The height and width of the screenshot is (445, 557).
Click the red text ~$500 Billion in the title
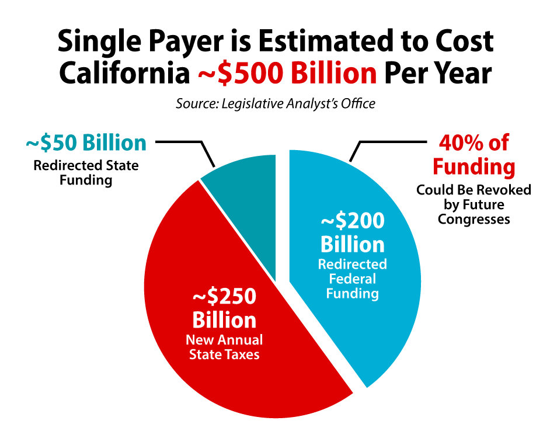pyautogui.click(x=286, y=74)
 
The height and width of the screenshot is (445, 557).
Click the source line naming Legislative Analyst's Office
pyautogui.click(x=276, y=104)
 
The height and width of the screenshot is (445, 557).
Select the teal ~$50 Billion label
pyautogui.click(x=86, y=143)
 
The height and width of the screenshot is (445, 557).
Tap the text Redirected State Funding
pyautogui.click(x=86, y=172)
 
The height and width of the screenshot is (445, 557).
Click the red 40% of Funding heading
pyautogui.click(x=474, y=155)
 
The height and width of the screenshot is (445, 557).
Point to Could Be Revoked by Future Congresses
pyautogui.click(x=474, y=204)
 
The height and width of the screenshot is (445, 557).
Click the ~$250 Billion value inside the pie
pyautogui.click(x=224, y=308)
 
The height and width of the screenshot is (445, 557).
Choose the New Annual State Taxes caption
pyautogui.click(x=224, y=346)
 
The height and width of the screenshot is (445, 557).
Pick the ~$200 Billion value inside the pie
pyautogui.click(x=353, y=232)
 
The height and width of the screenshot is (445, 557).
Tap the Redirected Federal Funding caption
pyautogui.click(x=353, y=279)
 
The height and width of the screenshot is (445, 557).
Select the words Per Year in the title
pyautogui.click(x=437, y=74)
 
